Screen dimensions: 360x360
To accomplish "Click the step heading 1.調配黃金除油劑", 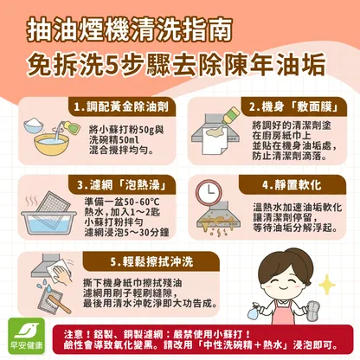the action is [121, 107].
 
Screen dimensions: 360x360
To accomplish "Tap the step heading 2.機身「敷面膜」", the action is [293, 107].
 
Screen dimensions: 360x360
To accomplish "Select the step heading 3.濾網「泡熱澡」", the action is [122, 185].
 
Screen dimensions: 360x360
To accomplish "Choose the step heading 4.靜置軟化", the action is [292, 185].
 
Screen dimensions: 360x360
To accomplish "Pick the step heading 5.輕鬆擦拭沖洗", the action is [151, 262].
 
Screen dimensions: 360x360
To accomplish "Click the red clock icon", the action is [209, 191].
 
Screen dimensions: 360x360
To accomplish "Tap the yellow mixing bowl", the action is [51, 145].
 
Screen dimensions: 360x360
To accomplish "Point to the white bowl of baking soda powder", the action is [34, 125].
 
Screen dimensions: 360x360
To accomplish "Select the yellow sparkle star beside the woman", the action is [327, 285].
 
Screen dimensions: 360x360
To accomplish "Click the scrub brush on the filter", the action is [59, 304].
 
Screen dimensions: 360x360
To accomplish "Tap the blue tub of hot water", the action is [48, 222].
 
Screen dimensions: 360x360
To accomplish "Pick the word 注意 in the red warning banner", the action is [74, 335].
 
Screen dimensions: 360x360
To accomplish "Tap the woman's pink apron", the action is [282, 312].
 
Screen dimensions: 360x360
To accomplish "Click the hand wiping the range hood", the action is [61, 274].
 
